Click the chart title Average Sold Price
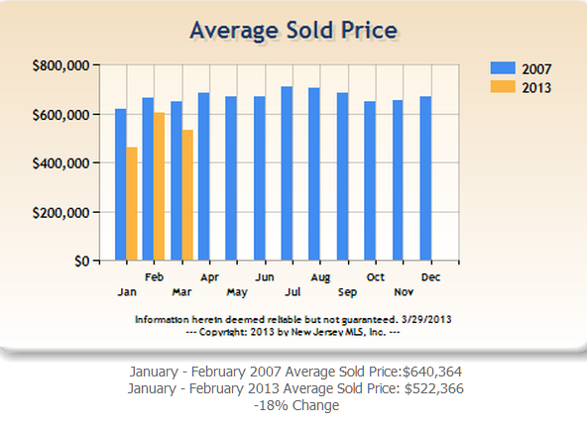pyautogui.click(x=293, y=30)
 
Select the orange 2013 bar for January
pyautogui.click(x=132, y=203)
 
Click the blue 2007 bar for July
pyautogui.click(x=287, y=173)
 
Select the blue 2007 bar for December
pyautogui.click(x=424, y=178)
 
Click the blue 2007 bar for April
pyautogui.click(x=203, y=176)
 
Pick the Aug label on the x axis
pyautogui.click(x=319, y=278)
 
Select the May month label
pyautogui.click(x=236, y=292)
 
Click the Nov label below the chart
pyautogui.click(x=404, y=292)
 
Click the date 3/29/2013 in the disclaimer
pyautogui.click(x=426, y=320)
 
